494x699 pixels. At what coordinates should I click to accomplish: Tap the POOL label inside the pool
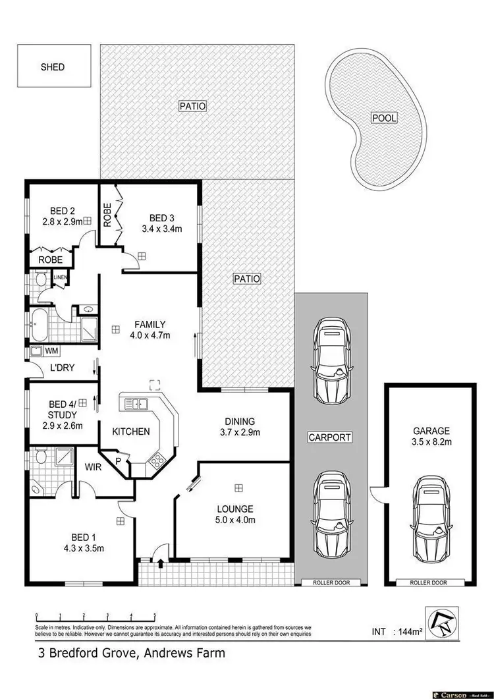pos(385,119)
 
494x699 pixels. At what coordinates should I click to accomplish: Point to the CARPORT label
pos(330,437)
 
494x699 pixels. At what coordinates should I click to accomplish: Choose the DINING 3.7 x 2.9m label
pos(239,427)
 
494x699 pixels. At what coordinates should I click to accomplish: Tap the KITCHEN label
pos(131,432)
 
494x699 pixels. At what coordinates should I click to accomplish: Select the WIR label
pos(92,467)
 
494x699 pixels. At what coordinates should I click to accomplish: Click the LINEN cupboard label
pos(61,277)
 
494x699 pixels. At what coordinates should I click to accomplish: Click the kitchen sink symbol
pos(136,403)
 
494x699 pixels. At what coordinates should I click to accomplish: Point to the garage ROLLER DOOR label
pos(429,582)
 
